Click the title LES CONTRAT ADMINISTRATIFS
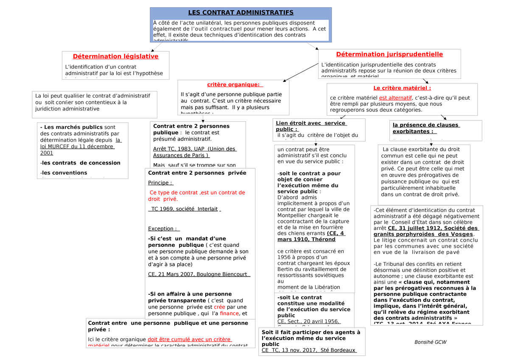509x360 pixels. (241, 13)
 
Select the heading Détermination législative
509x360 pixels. (115, 56)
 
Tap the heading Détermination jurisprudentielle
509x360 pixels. (389, 54)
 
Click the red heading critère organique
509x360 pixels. (233, 85)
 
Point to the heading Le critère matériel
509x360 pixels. (402, 88)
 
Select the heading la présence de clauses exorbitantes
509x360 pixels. (426, 128)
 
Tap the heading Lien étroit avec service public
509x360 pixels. (311, 126)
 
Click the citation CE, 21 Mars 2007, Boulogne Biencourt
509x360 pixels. (199, 274)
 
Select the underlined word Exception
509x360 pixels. (161, 229)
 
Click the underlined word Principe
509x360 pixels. (160, 183)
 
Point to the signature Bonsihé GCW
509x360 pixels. (430, 342)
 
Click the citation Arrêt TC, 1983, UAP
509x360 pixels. (194, 152)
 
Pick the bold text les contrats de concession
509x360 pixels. (80, 163)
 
